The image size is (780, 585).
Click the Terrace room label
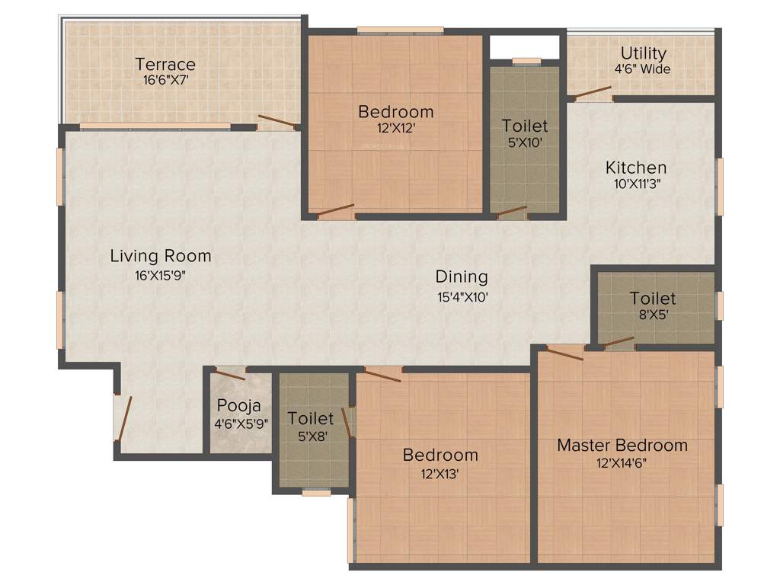point(165,64)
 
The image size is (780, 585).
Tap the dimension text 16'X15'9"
point(160,276)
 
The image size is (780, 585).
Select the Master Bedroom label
point(622,445)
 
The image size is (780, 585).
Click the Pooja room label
point(238,406)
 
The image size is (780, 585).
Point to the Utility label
point(643,53)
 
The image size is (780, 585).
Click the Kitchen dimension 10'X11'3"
point(636,183)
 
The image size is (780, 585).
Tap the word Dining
point(462,277)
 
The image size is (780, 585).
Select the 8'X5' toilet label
point(653,299)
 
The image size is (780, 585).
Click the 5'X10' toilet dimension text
point(524,142)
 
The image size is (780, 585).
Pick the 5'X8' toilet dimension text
point(311,436)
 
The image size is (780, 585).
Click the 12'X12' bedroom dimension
point(395,128)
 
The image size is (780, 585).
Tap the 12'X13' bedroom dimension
point(440,473)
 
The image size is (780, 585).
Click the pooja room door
point(229,374)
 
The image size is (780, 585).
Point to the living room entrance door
point(123,418)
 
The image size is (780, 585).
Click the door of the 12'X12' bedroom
point(336,209)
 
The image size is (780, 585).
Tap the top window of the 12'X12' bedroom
point(400,30)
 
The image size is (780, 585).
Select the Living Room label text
point(160,256)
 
